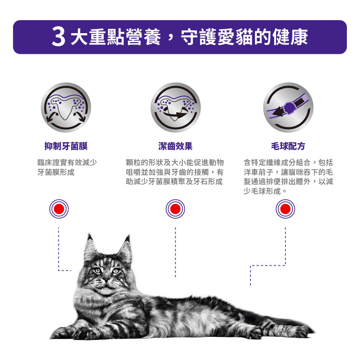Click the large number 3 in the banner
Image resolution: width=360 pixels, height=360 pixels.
click(59, 37)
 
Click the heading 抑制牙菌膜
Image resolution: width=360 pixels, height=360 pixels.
click(66, 146)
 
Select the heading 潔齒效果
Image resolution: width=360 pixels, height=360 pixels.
click(175, 146)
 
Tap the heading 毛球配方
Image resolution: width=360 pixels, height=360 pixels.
click(288, 146)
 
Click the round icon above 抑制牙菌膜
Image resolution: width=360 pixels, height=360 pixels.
click(66, 107)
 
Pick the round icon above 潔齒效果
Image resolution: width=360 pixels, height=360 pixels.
click(176, 107)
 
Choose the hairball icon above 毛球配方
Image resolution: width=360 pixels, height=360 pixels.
click(288, 107)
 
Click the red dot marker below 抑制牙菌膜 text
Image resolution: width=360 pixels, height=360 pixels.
click(59, 209)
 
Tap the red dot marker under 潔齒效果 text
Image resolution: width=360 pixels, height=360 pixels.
click(175, 209)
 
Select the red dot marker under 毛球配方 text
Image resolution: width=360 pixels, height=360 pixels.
click(285, 209)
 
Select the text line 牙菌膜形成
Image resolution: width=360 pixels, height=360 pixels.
click(56, 172)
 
